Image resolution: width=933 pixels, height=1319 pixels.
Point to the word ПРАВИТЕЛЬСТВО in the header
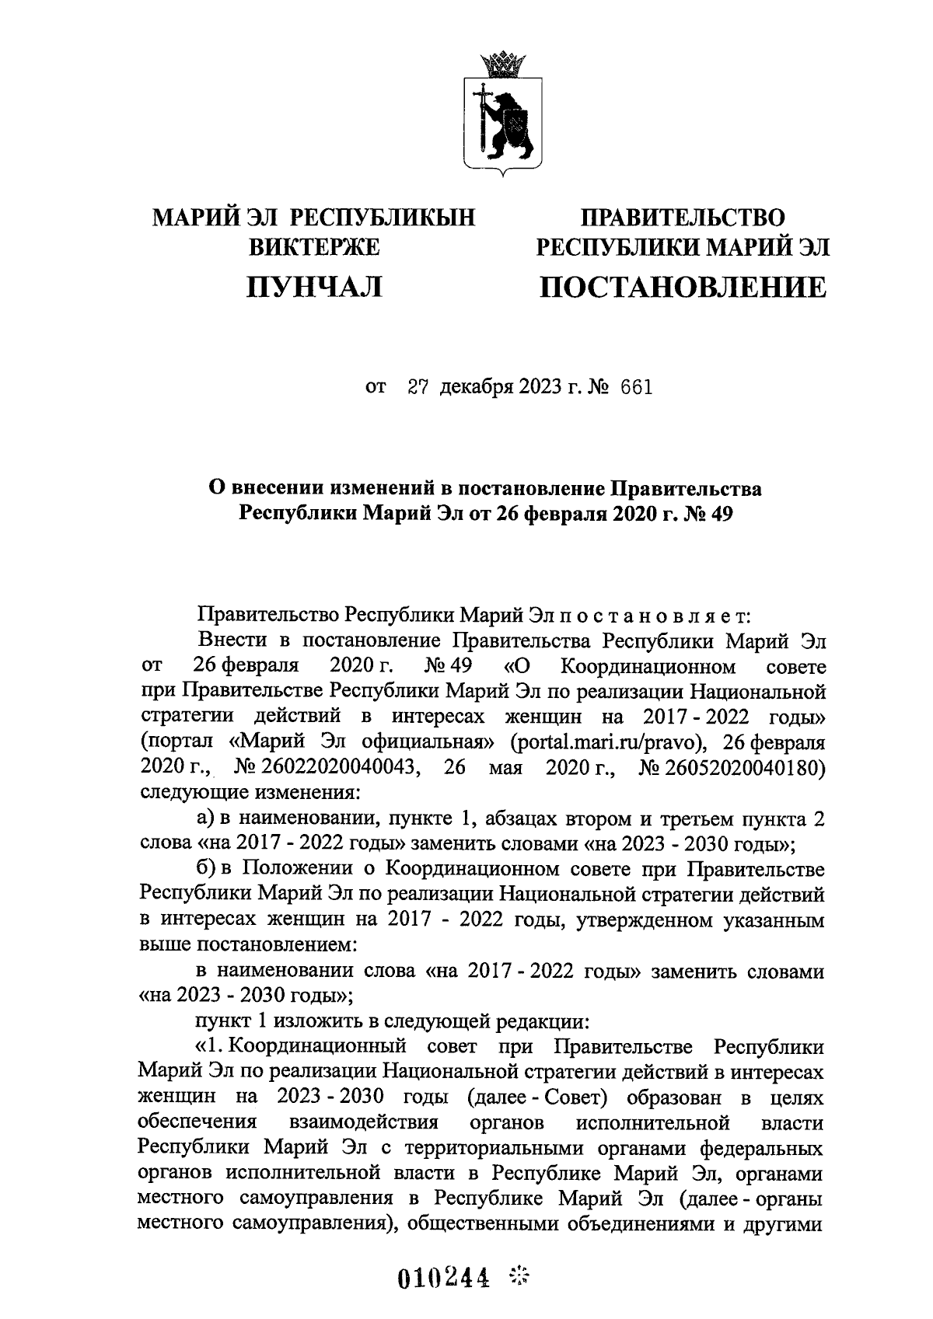pos(683,217)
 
